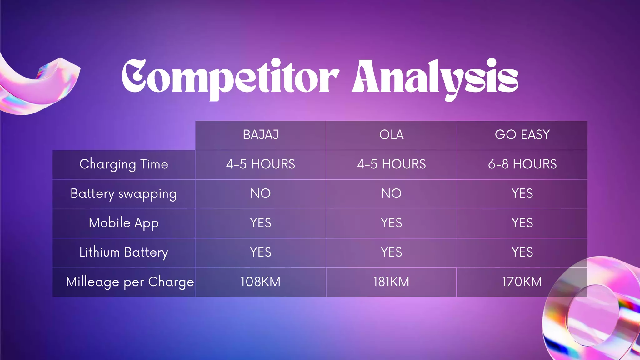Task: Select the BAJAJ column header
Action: pyautogui.click(x=261, y=135)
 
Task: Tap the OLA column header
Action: pyautogui.click(x=391, y=135)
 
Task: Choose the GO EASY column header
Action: pyautogui.click(x=522, y=135)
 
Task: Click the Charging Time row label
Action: pyautogui.click(x=124, y=164)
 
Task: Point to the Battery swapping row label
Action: pyautogui.click(x=124, y=194)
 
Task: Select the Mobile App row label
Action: pyautogui.click(x=124, y=223)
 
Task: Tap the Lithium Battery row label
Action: pyautogui.click(x=124, y=252)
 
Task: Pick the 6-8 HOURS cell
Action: pyautogui.click(x=522, y=164)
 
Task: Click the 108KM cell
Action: pyautogui.click(x=261, y=282)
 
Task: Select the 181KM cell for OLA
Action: pyautogui.click(x=391, y=282)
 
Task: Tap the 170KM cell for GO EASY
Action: pyautogui.click(x=522, y=282)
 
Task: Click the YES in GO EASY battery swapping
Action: pyautogui.click(x=522, y=194)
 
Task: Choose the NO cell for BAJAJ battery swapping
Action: pyautogui.click(x=261, y=194)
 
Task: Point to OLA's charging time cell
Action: pyautogui.click(x=391, y=164)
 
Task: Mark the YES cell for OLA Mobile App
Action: pyautogui.click(x=391, y=223)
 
